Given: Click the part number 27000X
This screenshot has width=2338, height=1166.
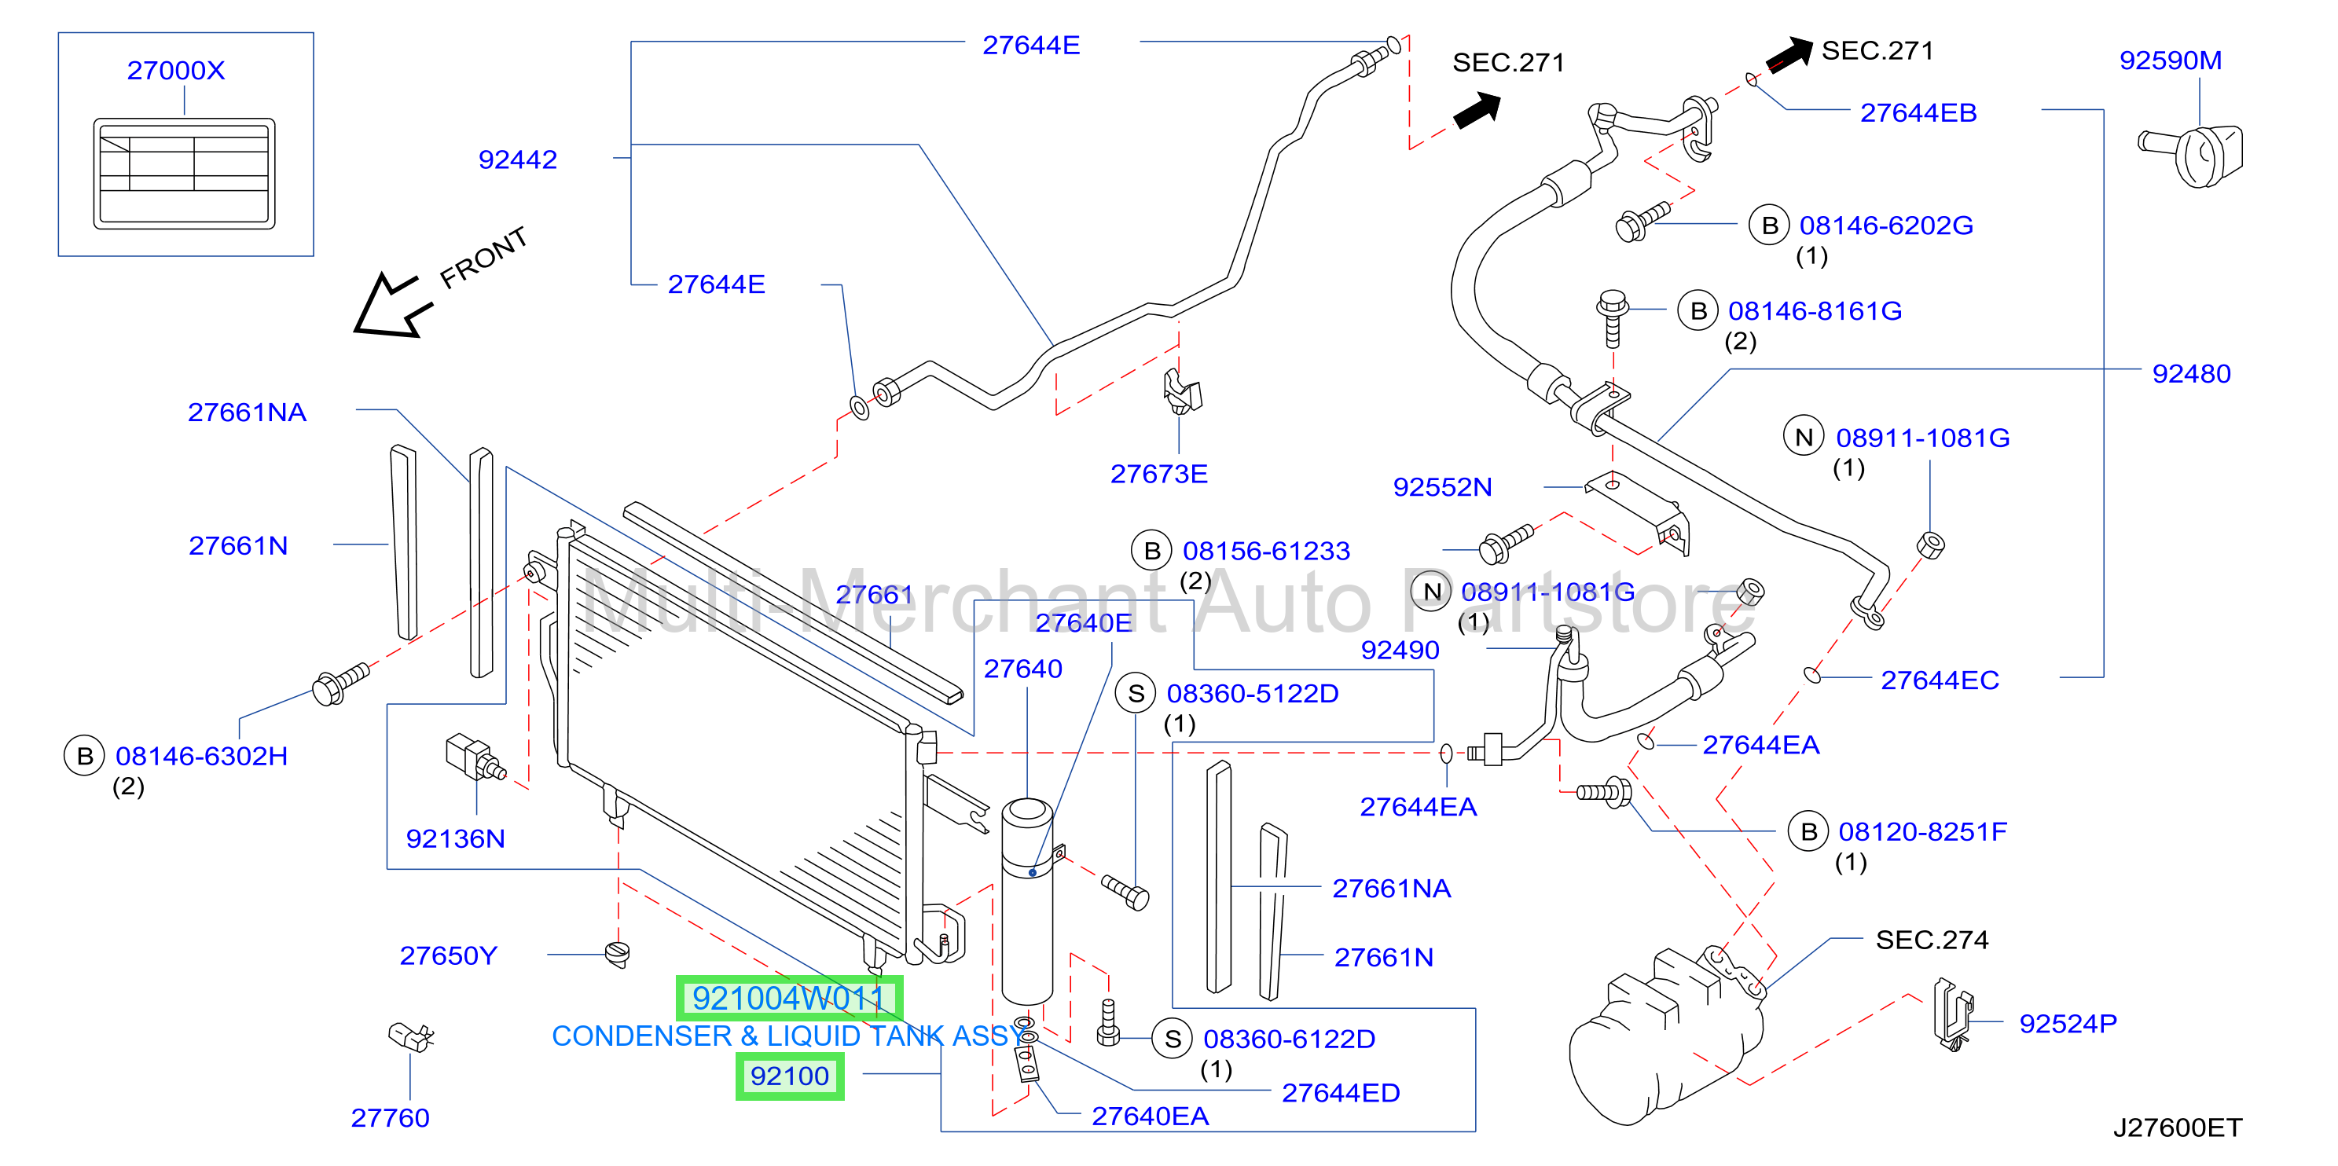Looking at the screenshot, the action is point(175,70).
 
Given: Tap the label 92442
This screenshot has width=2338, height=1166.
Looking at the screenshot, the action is point(517,159).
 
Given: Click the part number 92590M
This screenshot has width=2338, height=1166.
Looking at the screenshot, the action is point(2170,60).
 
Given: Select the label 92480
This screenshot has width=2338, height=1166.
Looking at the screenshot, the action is point(2191,374).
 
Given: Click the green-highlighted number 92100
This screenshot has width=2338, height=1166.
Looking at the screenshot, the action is point(790,1076).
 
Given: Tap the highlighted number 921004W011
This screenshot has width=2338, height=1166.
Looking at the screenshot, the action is point(789,998).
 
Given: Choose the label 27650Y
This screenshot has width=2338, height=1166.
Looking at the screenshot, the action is point(449,955).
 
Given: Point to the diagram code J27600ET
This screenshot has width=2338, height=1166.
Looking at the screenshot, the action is point(2178,1127).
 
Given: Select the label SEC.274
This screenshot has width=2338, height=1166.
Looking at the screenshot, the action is point(1932,939).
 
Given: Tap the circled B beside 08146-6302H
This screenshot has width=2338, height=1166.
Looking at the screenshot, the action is point(84,756).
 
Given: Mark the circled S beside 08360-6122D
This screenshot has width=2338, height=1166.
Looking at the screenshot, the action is point(1173,1039).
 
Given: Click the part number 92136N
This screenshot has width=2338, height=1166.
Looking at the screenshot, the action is point(455,838).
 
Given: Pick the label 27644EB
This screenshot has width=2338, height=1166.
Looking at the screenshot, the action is point(1918,112).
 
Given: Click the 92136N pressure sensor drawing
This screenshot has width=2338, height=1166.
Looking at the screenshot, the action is point(475,758).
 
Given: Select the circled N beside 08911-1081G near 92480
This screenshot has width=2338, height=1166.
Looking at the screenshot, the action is point(1804,438).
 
